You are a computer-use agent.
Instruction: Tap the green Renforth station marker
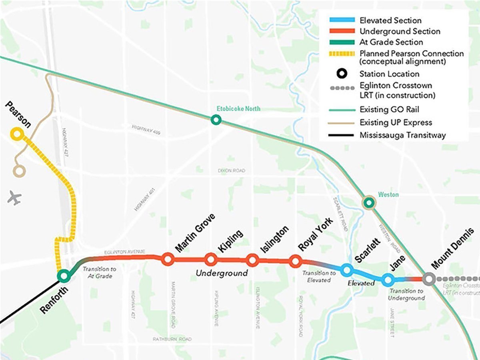pos(63,276)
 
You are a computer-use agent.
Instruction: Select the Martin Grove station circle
pos(168,259)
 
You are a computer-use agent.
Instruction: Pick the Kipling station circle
pos(210,259)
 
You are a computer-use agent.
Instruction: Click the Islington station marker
pos(252,260)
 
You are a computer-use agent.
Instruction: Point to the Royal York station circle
pos(296,261)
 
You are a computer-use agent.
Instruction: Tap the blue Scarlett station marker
pos(346,270)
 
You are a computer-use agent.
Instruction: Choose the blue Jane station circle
pos(387,280)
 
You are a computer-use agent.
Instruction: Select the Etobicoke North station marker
pos(216,119)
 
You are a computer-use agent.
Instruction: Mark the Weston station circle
pos(369,203)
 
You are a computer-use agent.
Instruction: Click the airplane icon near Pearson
pos(14,198)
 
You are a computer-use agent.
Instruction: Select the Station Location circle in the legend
pos(341,74)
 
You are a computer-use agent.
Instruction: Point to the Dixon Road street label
pos(231,171)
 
